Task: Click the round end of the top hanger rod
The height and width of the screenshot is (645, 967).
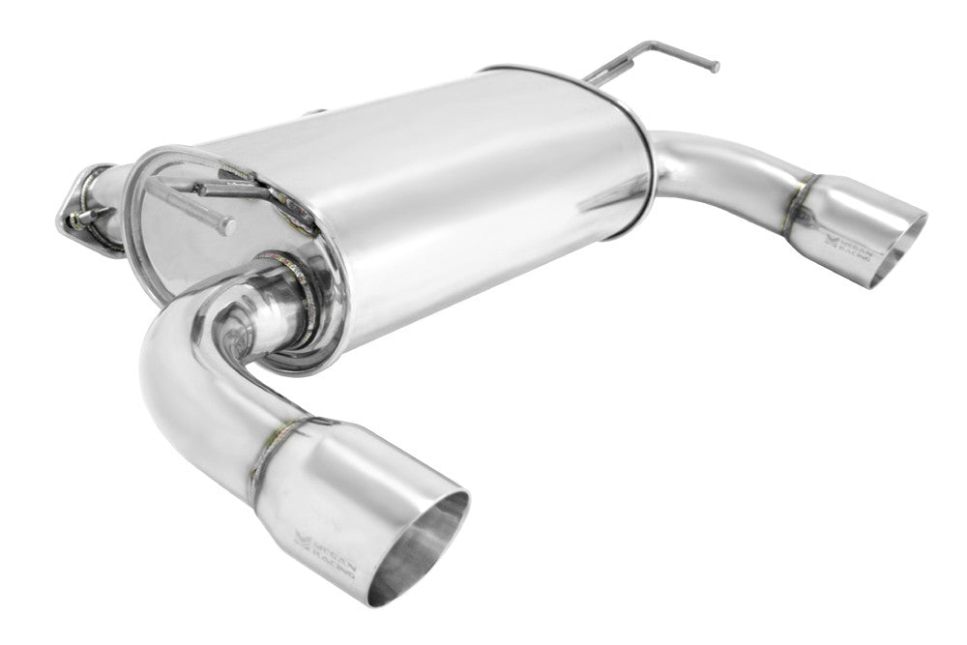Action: click(716, 67)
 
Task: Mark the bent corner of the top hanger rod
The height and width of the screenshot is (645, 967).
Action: click(653, 45)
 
